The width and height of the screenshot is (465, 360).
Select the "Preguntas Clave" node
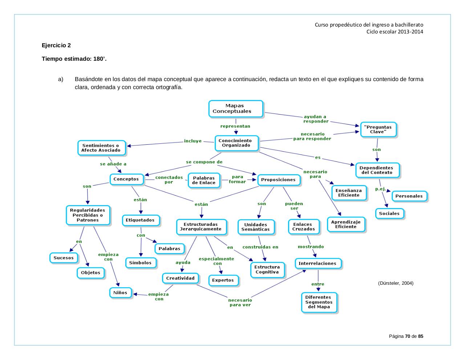378,129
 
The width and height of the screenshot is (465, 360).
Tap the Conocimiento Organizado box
237,143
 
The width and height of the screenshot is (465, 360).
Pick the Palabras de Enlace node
203,180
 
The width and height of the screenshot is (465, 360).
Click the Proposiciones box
278,180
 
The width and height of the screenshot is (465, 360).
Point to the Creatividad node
180,278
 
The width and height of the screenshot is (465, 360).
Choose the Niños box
120,292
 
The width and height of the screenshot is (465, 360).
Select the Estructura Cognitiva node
267,269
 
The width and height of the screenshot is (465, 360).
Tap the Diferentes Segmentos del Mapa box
319,302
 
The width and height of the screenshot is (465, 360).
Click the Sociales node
389,213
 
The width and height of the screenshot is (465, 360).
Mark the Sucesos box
64,258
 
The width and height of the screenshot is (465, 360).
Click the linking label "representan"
235,126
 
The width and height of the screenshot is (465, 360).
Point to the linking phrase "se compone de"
204,162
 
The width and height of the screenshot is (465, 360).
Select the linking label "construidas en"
260,247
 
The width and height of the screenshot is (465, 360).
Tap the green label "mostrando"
311,247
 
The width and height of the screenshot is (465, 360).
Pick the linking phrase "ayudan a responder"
315,119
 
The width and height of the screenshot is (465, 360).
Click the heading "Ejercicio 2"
56,45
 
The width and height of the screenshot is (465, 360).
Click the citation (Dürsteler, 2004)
396,283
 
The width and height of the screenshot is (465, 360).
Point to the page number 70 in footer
407,336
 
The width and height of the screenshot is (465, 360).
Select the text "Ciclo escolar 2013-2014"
395,31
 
